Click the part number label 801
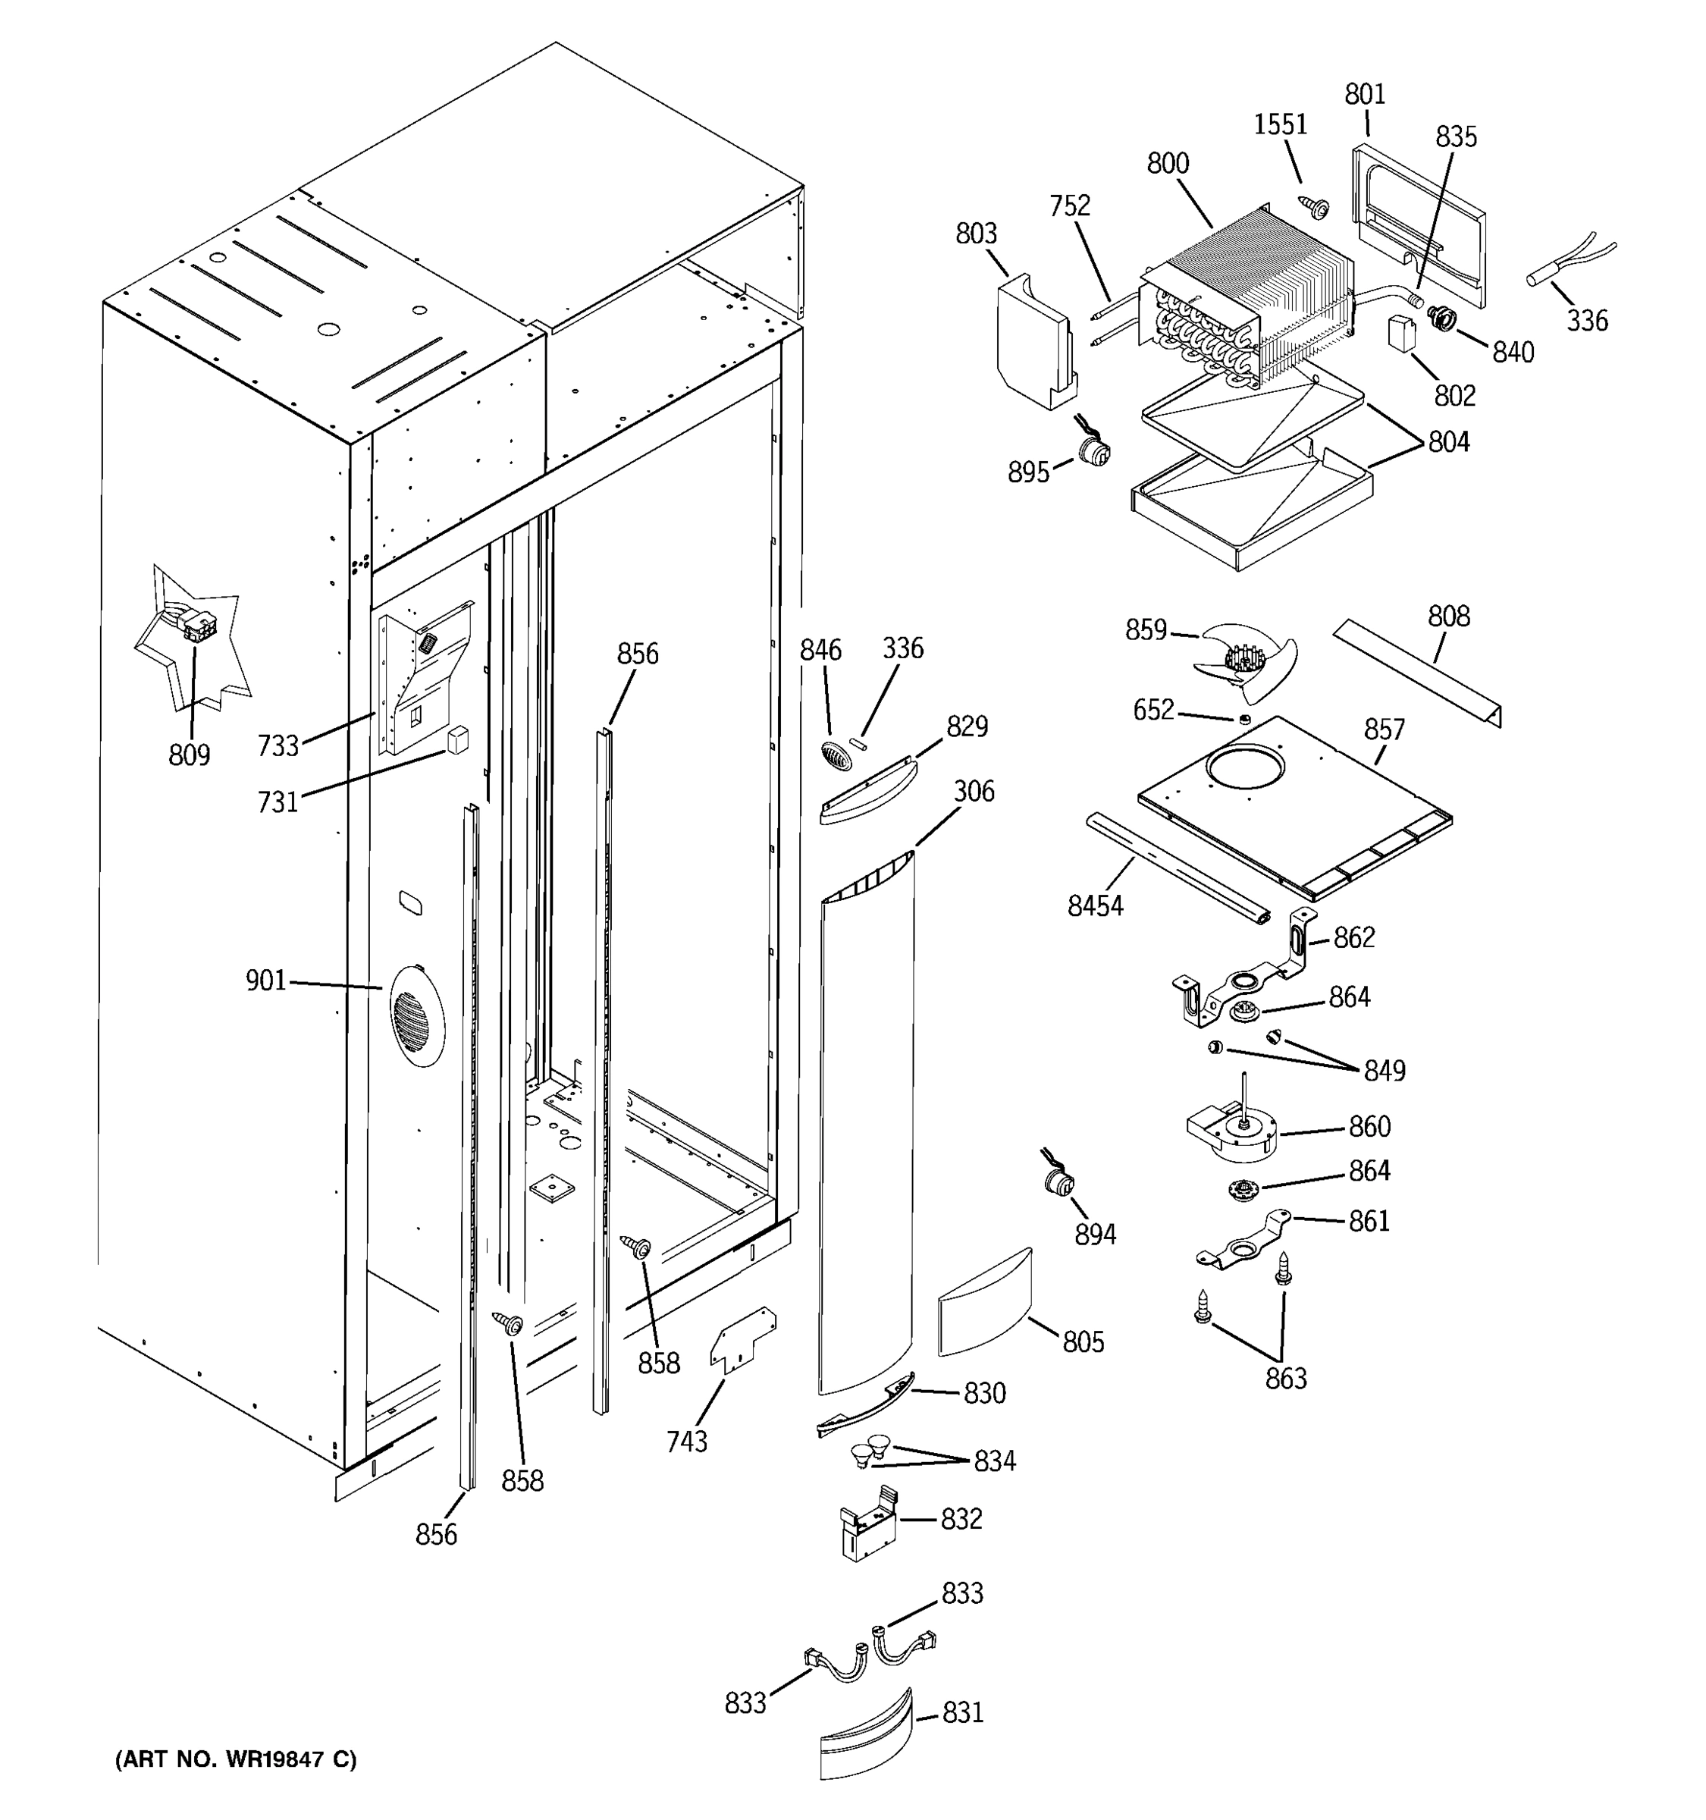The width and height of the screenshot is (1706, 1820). tap(1365, 94)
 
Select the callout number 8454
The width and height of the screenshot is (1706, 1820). tap(1095, 905)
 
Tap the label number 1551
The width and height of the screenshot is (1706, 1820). tap(1280, 124)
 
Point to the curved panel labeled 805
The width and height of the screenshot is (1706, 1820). tap(985, 1302)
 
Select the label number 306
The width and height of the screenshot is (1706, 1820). tap(973, 791)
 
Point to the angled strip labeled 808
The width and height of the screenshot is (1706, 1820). tap(1417, 671)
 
